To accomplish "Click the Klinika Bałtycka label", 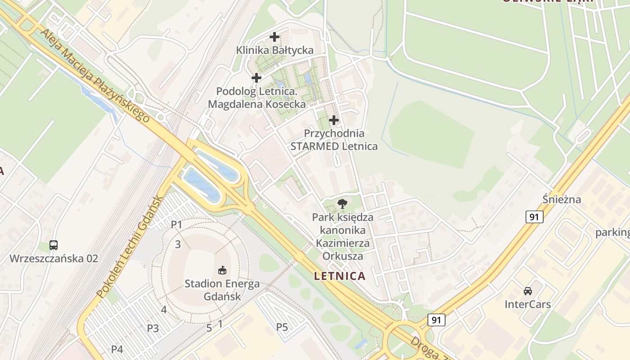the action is [274, 50].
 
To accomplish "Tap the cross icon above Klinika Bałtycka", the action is [274, 37].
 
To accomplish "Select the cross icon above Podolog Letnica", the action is [256, 78].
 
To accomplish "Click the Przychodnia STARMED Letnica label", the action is [334, 139].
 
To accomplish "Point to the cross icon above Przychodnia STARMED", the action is [334, 120].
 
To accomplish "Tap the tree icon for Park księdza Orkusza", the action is [342, 203].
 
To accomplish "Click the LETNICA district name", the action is [340, 276].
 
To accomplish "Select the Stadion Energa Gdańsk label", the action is [222, 290].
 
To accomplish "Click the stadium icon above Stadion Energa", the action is [222, 270].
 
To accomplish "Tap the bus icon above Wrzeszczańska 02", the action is [54, 245].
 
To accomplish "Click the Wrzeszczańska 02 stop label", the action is [54, 258].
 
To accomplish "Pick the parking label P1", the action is [176, 224].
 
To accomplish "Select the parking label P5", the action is [282, 327].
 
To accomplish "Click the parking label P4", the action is [117, 349].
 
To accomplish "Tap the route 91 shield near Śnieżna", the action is [534, 217].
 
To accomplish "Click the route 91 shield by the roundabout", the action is [436, 320].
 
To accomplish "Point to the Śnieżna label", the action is [562, 199].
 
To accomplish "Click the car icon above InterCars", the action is [527, 291].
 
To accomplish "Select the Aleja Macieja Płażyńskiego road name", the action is [94, 76].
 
